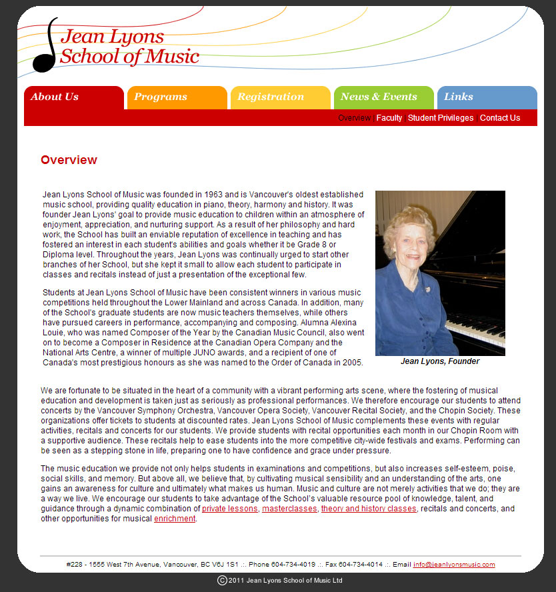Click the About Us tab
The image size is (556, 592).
tap(55, 97)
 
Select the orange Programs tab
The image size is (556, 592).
tap(161, 97)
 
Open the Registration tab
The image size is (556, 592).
tap(271, 97)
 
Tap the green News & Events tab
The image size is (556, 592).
tap(379, 97)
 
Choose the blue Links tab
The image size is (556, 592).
tap(459, 97)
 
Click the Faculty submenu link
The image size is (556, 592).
tap(389, 118)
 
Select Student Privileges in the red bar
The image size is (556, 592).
tap(441, 118)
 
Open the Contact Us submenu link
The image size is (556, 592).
tap(500, 118)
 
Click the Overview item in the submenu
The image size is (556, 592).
tap(354, 118)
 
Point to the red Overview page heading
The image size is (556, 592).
tap(69, 160)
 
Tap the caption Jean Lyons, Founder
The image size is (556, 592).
tap(440, 361)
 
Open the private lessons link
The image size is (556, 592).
tap(230, 509)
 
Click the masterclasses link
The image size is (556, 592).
tap(289, 509)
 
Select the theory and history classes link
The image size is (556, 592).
tap(369, 509)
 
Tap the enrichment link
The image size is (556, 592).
tap(175, 519)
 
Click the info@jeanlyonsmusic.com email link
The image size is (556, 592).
tap(454, 565)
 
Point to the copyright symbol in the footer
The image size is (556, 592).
tap(223, 581)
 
